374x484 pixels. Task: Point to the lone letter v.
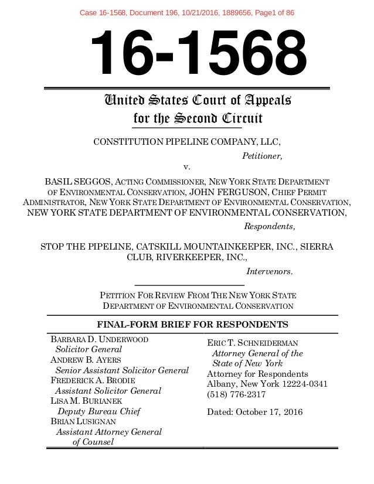pyautogui.click(x=188, y=168)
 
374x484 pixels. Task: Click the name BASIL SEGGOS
pyautogui.click(x=79, y=182)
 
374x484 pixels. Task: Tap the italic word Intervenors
pyautogui.click(x=270, y=271)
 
